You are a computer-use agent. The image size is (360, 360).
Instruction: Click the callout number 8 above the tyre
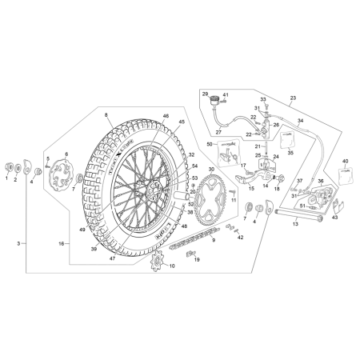tap(106, 115)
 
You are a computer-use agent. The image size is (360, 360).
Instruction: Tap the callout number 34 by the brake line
tap(300, 122)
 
